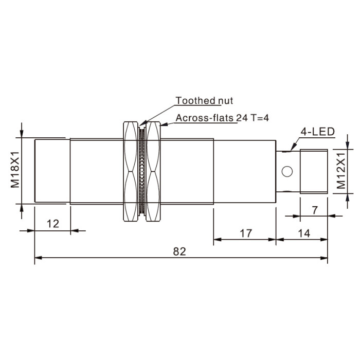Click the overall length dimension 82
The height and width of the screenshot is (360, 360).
pos(179,251)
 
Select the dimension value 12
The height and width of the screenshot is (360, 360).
pos(53,224)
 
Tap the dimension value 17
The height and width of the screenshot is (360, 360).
pos(246,233)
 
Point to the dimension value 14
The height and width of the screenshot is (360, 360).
pos(304,233)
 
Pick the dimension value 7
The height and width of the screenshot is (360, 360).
pos(315,210)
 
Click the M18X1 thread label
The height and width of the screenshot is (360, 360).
pos(15,170)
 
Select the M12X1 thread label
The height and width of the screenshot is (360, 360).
pos(341,171)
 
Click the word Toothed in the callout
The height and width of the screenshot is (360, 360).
pos(195,101)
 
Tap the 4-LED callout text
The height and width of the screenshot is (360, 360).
pos(318,132)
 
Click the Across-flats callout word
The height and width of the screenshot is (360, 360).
pos(205,118)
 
